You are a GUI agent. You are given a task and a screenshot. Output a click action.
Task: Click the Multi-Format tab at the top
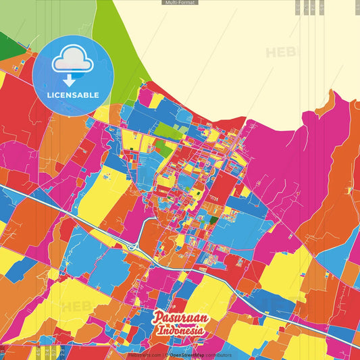(180, 3)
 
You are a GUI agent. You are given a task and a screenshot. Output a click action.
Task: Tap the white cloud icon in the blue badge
(72, 60)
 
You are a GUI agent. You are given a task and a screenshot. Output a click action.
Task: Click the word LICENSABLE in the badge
(72, 95)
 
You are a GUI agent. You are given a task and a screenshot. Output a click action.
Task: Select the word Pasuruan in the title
(179, 317)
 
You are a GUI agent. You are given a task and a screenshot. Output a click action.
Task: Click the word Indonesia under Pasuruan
(180, 331)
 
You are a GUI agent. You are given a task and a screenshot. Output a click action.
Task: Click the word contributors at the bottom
(217, 355)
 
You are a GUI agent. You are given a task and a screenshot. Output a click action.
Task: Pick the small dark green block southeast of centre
(213, 219)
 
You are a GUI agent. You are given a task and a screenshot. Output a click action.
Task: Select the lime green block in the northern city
(170, 130)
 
